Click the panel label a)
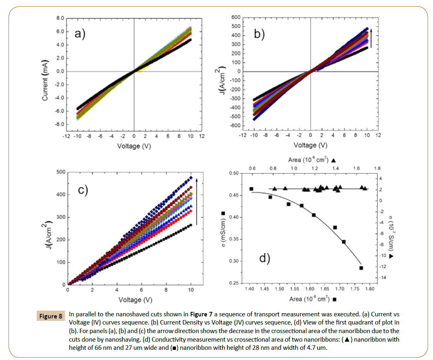(80, 34)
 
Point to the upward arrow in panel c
(197, 201)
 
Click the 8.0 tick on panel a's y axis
(60, 18)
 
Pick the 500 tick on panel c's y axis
(60, 172)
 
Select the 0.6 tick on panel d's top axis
(252, 168)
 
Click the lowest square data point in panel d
(361, 268)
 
